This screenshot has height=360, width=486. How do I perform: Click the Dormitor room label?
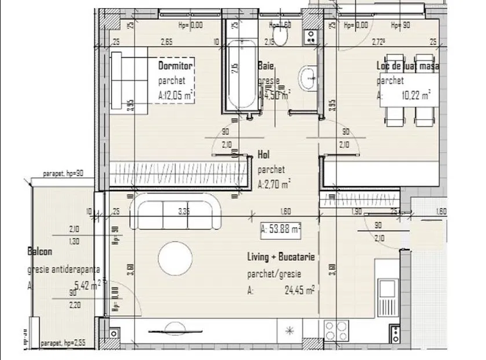click(175, 66)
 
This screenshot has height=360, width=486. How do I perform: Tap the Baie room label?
click(266, 66)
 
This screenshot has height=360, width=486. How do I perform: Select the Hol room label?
click(263, 155)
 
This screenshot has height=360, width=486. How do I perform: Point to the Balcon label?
click(40, 252)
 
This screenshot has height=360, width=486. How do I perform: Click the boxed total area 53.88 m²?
click(281, 229)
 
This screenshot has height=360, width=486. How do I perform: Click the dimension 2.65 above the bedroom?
click(167, 42)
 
